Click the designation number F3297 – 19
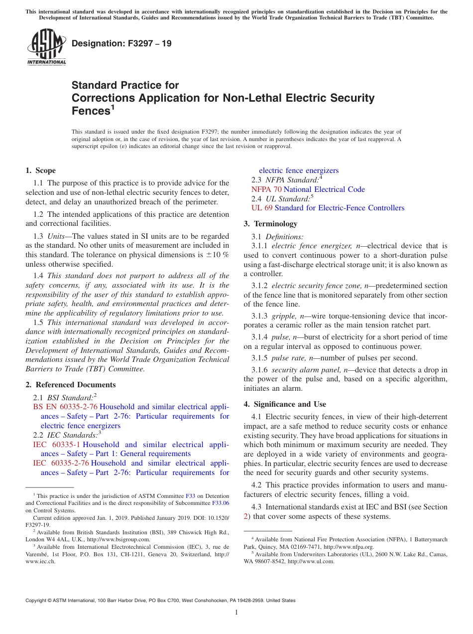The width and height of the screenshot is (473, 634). pyautogui.click(x=121, y=43)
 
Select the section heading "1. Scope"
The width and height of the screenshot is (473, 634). pyautogui.click(x=41, y=170)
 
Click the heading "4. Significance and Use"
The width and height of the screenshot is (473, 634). pyautogui.click(x=285, y=404)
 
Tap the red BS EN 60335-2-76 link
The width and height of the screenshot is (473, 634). pyautogui.click(x=65, y=407)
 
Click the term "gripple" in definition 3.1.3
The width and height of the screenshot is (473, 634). pyautogui.click(x=283, y=316)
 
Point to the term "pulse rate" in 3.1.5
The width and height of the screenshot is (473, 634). pyautogui.click(x=287, y=358)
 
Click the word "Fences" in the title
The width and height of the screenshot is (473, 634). pyautogui.click(x=91, y=111)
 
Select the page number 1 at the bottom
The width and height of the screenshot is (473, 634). pyautogui.click(x=236, y=613)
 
